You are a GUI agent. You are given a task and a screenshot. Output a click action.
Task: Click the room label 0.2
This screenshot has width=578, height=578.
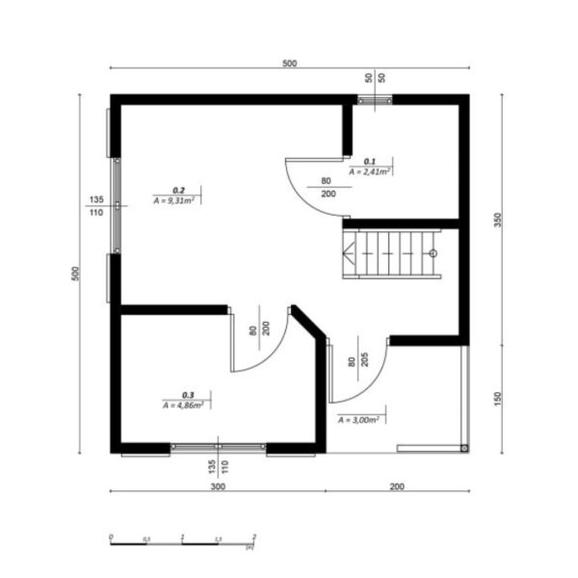[178, 191]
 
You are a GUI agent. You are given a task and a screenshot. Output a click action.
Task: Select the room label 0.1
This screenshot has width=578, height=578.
[369, 161]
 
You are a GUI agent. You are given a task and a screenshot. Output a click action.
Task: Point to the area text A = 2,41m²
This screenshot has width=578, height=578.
[369, 171]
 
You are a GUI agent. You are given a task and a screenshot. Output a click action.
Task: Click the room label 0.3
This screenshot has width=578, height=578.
[188, 395]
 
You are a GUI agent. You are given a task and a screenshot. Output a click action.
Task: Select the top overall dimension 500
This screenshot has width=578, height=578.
[289, 64]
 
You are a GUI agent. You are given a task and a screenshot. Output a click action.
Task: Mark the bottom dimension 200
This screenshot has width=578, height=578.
[397, 486]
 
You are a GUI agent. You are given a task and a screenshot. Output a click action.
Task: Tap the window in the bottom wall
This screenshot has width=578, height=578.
[219, 448]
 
